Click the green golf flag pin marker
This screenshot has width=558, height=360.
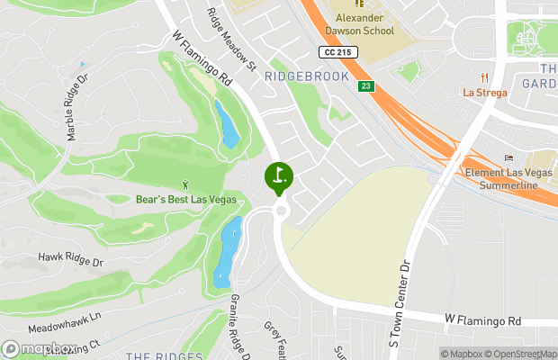(x=278, y=175)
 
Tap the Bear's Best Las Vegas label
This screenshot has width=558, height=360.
(x=185, y=199)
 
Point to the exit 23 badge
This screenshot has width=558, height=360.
(x=365, y=86)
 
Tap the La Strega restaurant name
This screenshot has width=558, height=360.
(x=484, y=92)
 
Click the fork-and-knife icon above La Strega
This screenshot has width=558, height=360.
(x=484, y=77)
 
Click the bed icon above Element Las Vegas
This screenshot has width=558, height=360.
(x=508, y=158)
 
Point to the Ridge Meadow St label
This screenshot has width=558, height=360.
(x=231, y=41)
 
